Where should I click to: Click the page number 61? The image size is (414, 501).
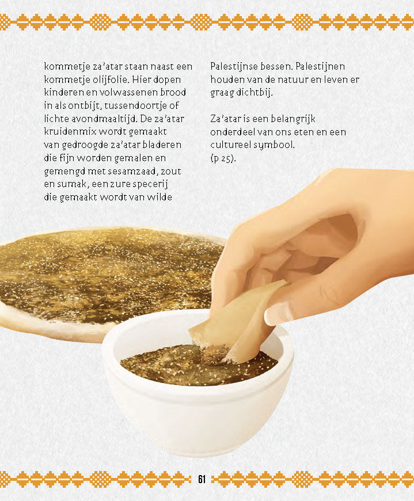click(202, 479)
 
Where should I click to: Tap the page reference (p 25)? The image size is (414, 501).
click(223, 159)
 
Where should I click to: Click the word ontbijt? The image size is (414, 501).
click(104, 106)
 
